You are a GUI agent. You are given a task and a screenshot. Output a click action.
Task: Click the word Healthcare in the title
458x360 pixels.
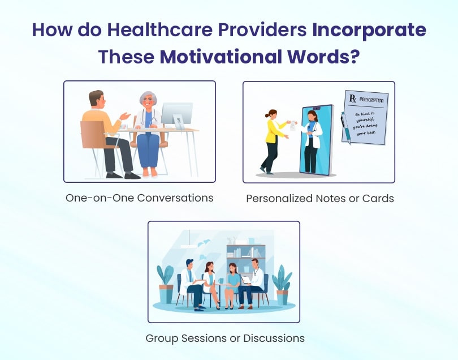[x=159, y=29]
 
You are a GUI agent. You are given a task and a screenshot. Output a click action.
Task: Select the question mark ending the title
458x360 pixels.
[x=354, y=57]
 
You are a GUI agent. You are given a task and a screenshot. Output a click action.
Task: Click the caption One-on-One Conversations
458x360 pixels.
[x=139, y=198]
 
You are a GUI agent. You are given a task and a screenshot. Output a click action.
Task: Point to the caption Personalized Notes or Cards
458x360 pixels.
[x=320, y=199]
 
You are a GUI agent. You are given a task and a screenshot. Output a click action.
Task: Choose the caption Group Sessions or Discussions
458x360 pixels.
[x=225, y=338]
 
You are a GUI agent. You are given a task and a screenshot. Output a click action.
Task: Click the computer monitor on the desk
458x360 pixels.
[x=178, y=115]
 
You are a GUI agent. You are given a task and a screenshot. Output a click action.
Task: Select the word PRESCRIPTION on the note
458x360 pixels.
[x=371, y=100]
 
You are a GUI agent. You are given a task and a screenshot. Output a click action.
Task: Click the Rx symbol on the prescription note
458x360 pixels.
[x=353, y=98]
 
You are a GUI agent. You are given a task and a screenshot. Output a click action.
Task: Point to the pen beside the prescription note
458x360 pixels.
[x=345, y=128]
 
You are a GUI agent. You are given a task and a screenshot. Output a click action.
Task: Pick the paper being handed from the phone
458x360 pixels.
[x=293, y=126]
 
